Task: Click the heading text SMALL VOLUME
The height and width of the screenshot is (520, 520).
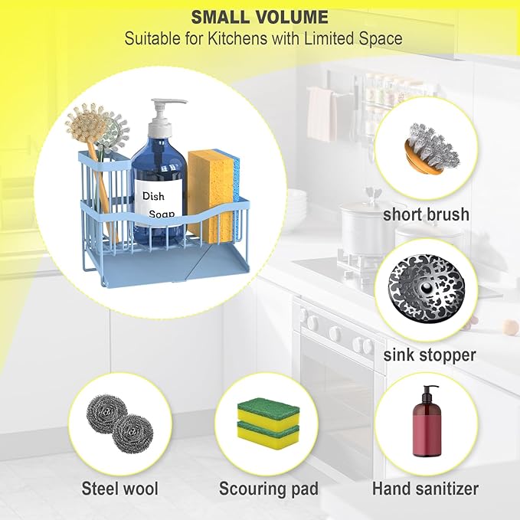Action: point(260,17)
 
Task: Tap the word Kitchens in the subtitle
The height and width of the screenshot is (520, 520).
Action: point(237,38)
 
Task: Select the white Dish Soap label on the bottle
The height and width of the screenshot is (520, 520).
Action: point(159,202)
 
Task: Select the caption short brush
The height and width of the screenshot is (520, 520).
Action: point(426,214)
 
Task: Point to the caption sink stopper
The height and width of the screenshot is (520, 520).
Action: point(430,355)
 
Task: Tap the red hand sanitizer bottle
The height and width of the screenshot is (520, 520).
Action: point(427,421)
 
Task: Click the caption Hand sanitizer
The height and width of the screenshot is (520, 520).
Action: point(425,489)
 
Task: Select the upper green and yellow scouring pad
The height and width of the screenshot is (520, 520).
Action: point(268,411)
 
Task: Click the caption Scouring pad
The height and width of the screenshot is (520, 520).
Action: point(269,489)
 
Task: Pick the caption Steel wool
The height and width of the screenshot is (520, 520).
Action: point(120,489)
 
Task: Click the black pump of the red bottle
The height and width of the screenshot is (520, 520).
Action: point(427,392)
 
